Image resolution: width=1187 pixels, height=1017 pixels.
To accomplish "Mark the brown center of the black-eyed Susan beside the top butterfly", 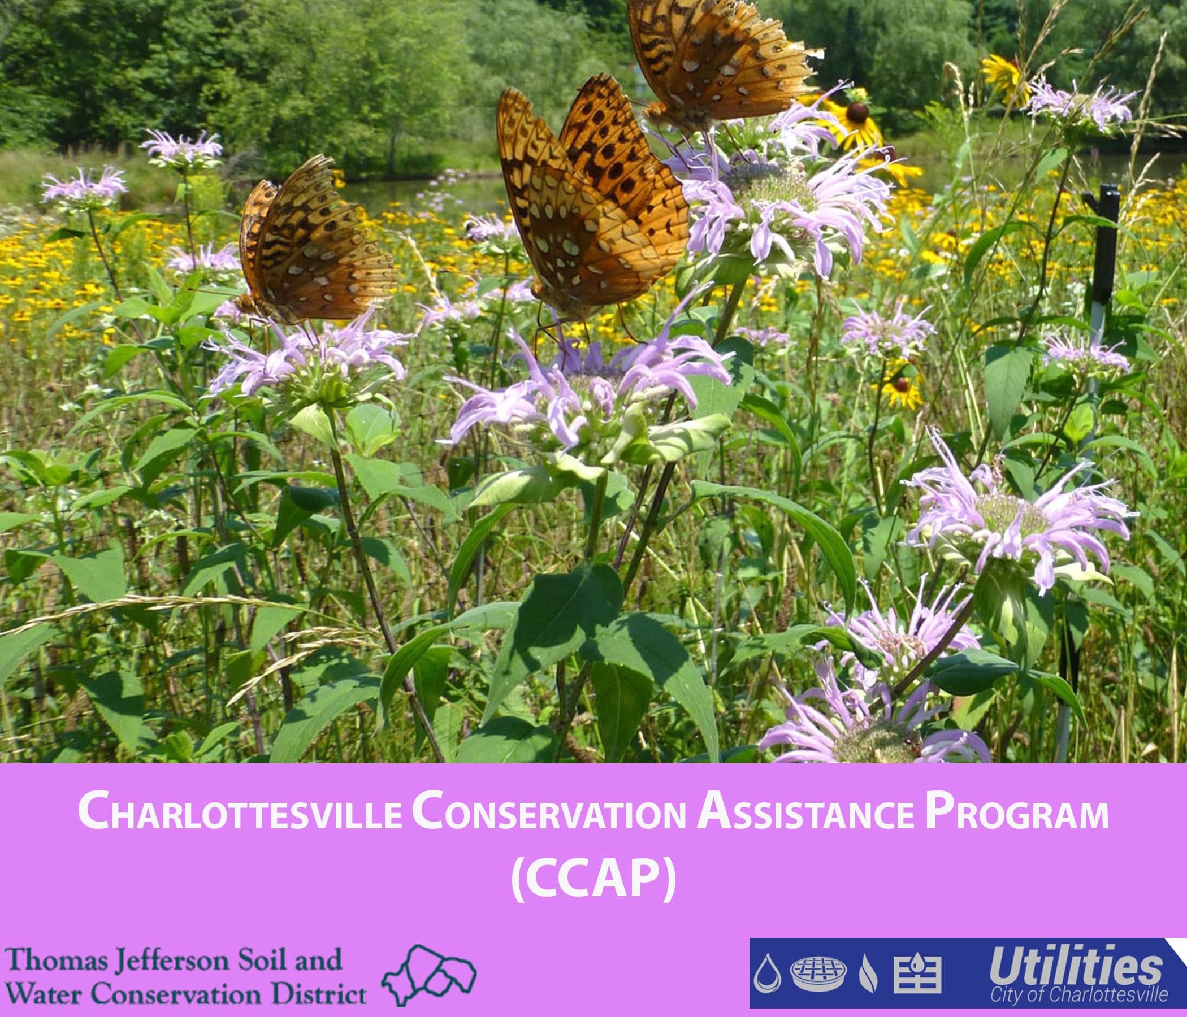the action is click(x=857, y=112).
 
